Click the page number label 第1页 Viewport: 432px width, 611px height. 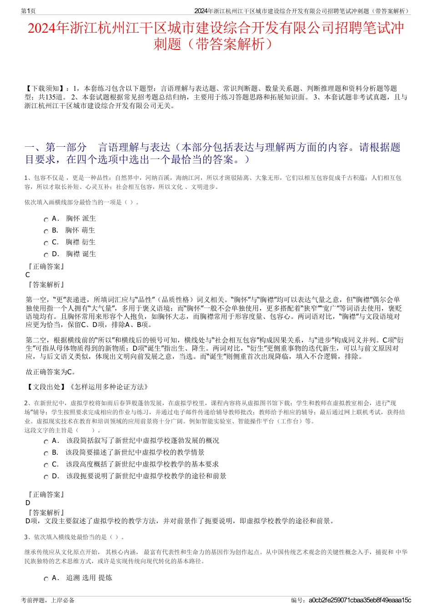point(28,11)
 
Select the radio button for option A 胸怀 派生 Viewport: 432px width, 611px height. point(46,220)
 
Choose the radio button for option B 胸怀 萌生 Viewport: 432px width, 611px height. point(46,232)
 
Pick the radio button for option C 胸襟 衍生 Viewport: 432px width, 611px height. point(46,243)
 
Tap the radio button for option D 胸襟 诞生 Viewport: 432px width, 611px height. point(46,255)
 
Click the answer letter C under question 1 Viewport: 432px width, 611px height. point(28,275)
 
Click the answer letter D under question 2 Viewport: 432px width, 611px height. point(28,503)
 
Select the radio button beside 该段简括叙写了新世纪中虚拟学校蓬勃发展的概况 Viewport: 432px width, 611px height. point(46,442)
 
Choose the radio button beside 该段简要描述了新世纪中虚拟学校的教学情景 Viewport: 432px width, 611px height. point(46,454)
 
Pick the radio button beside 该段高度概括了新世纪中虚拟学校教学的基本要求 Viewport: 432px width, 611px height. point(46,466)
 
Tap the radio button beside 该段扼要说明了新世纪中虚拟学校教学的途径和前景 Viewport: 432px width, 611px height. point(46,477)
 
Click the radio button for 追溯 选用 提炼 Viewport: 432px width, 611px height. point(46,579)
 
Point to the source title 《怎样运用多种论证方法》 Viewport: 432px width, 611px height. point(108,387)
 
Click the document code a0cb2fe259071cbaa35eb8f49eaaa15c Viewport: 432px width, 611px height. point(359,601)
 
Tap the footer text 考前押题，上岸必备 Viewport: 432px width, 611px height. point(48,601)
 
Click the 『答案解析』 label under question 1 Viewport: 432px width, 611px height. point(45,285)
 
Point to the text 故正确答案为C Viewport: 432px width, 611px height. point(50,372)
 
